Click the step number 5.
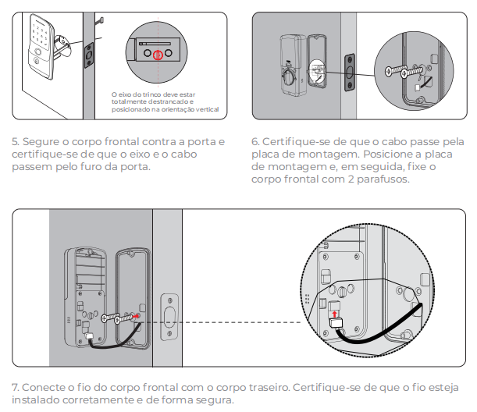[x=16, y=143]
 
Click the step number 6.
[x=255, y=143]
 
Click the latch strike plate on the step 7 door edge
[x=168, y=316]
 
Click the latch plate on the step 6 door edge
[x=350, y=71]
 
